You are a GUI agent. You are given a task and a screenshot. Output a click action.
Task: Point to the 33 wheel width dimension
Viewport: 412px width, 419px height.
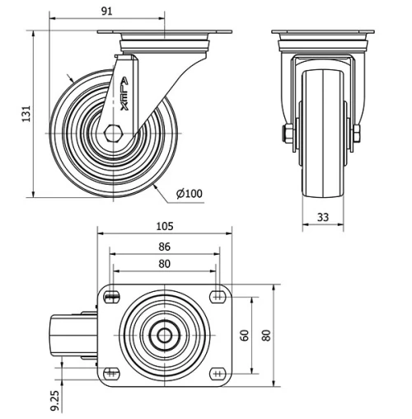(323, 217)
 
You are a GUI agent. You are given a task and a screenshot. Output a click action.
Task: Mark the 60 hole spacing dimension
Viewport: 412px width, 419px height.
(244, 335)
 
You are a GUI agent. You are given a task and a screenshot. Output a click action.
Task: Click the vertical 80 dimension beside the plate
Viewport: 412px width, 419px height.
(266, 335)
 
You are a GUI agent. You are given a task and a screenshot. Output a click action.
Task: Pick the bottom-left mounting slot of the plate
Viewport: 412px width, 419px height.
(110, 374)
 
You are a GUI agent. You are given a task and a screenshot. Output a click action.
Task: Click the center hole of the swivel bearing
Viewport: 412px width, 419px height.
(164, 336)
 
